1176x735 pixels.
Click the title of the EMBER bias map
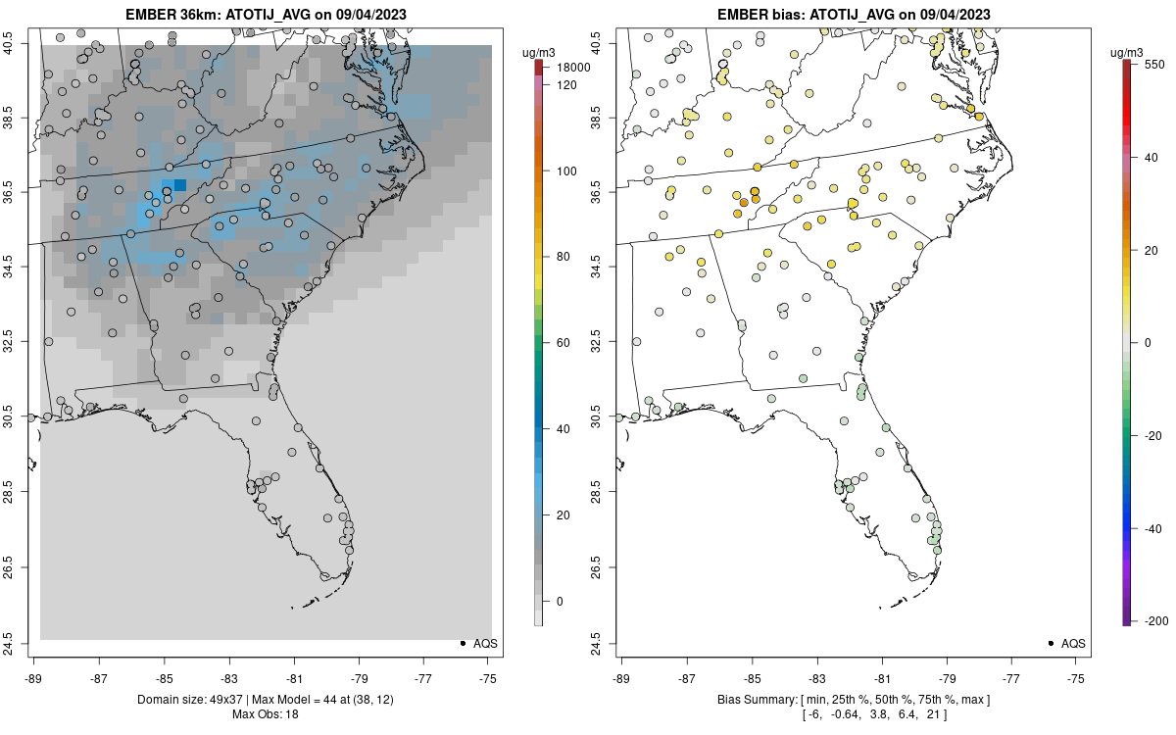(853, 15)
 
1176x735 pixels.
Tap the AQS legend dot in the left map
(462, 643)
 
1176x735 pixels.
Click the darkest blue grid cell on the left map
(180, 185)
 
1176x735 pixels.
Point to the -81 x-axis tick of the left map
(294, 677)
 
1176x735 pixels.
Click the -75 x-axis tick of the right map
(1076, 677)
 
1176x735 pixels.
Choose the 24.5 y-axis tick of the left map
(21, 643)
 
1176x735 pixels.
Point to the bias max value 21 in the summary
(933, 714)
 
